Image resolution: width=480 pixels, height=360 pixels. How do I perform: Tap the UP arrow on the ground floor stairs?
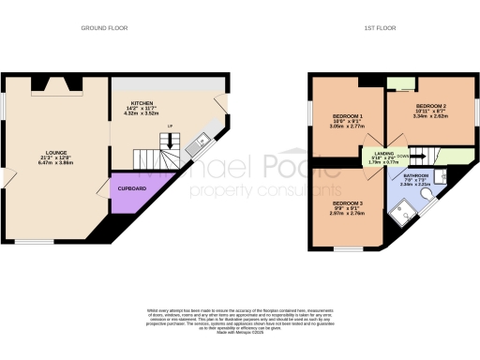point(169,127)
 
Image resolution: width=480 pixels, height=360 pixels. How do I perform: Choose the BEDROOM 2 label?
point(430,106)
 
